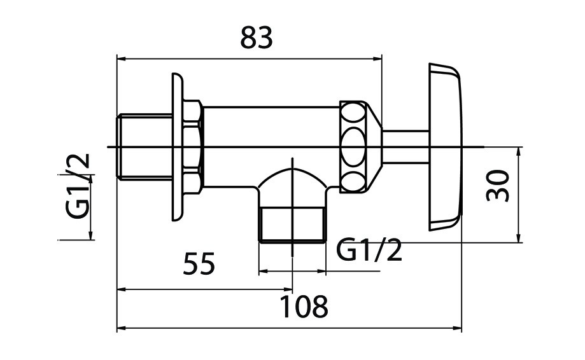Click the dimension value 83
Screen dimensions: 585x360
click(x=257, y=38)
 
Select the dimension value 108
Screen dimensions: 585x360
click(x=304, y=307)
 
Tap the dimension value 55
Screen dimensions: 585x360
click(x=199, y=263)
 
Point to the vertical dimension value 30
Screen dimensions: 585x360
click(x=498, y=186)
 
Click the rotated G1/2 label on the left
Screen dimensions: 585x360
click(x=78, y=186)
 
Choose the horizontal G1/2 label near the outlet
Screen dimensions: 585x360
click(x=369, y=250)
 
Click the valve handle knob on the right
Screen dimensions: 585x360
click(x=445, y=147)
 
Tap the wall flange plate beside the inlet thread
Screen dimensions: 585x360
click(x=178, y=147)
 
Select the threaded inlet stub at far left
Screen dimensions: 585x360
click(x=144, y=147)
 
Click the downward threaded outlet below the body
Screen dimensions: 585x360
click(x=292, y=225)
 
